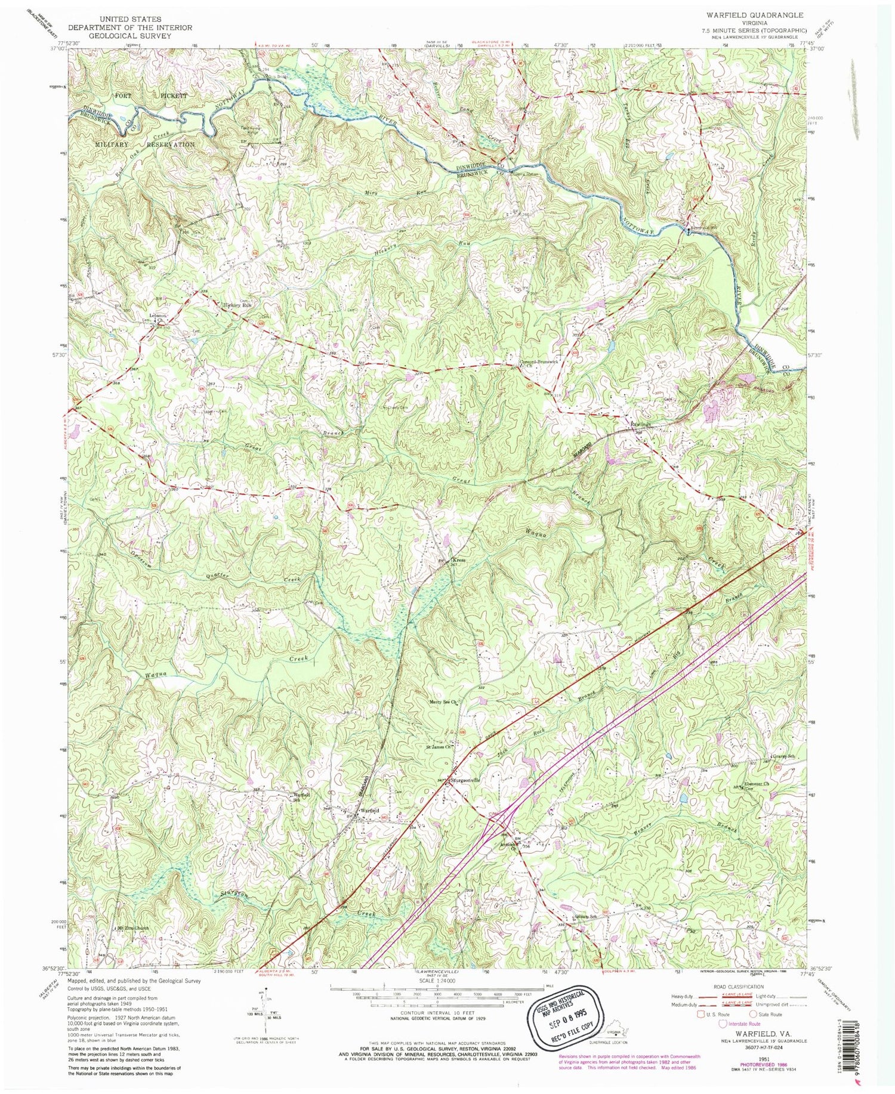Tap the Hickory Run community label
236,305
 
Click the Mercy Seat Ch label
443,702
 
